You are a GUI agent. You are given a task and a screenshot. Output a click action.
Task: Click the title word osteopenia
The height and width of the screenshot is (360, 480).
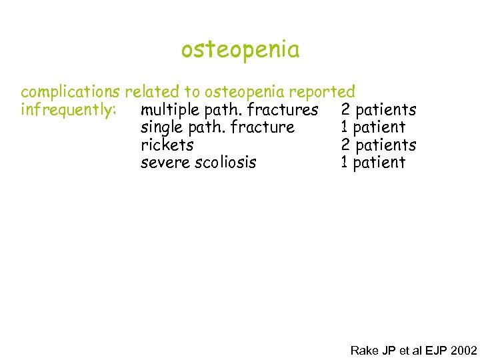pyautogui.click(x=240, y=50)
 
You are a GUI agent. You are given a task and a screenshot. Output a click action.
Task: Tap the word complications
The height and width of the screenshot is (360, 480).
pyautogui.click(x=70, y=92)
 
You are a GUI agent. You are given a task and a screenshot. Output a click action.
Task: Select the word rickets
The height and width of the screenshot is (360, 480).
pyautogui.click(x=167, y=145)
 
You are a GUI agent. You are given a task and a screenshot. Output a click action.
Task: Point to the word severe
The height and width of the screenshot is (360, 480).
pyautogui.click(x=165, y=162)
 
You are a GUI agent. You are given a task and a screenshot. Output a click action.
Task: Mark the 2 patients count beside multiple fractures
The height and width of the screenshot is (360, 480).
pyautogui.click(x=378, y=109)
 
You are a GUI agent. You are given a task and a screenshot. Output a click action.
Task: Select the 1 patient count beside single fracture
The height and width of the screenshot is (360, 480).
pyautogui.click(x=373, y=127)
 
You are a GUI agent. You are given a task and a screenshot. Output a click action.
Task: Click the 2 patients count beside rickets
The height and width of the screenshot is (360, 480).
pyautogui.click(x=378, y=145)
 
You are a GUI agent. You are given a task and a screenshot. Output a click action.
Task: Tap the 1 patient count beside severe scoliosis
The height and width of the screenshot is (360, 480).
pyautogui.click(x=373, y=162)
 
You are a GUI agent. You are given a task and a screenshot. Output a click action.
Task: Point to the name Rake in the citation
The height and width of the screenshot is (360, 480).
pyautogui.click(x=364, y=350)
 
